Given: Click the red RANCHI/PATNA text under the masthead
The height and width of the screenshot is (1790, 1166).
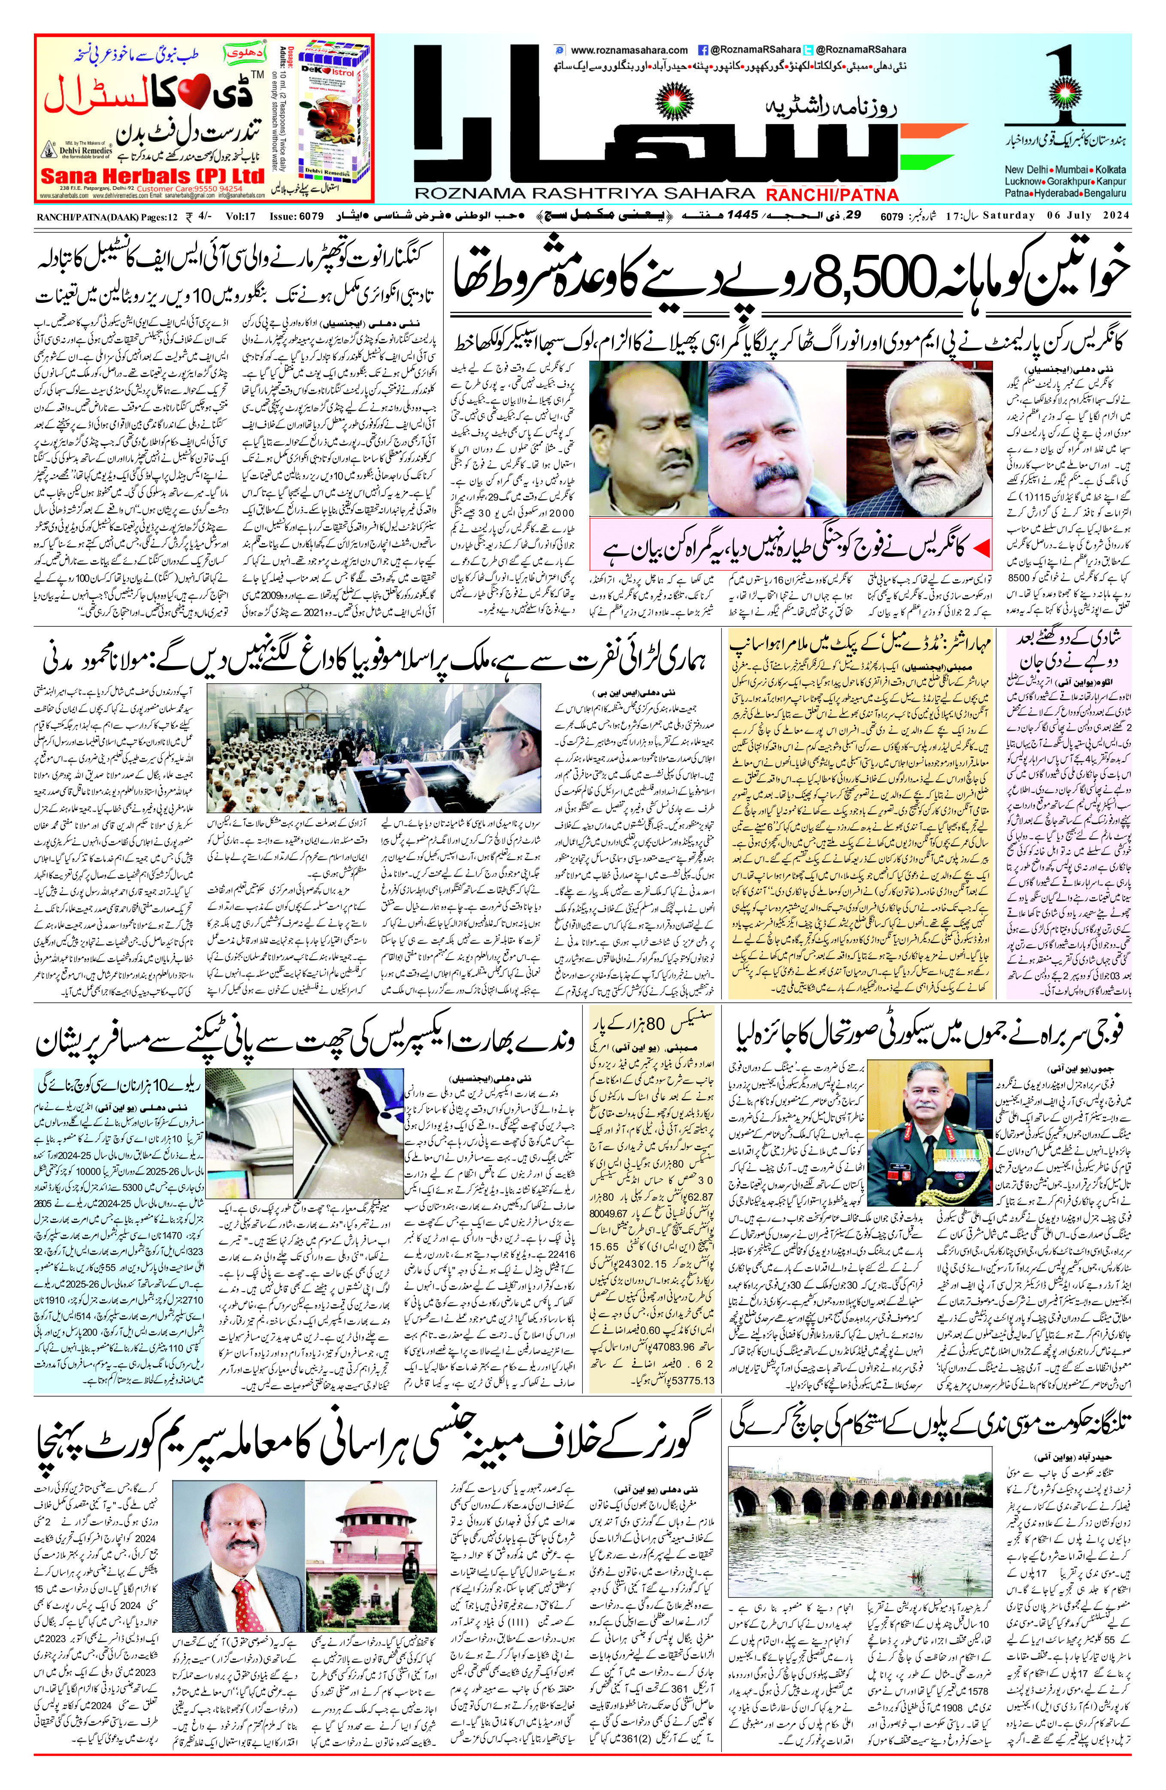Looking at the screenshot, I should (832, 195).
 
